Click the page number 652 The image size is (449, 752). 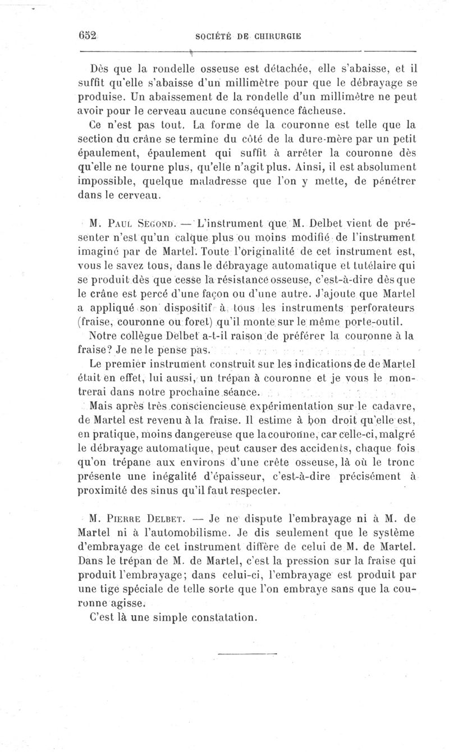(89, 35)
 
